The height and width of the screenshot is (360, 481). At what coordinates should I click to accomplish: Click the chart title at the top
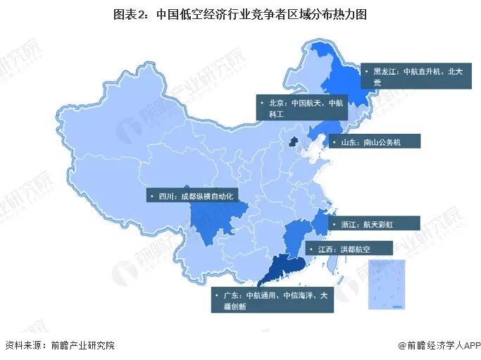click(x=239, y=13)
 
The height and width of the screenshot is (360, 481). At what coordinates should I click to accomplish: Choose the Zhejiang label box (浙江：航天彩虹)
click(x=377, y=223)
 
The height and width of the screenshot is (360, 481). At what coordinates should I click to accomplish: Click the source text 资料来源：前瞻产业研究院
click(x=59, y=345)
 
